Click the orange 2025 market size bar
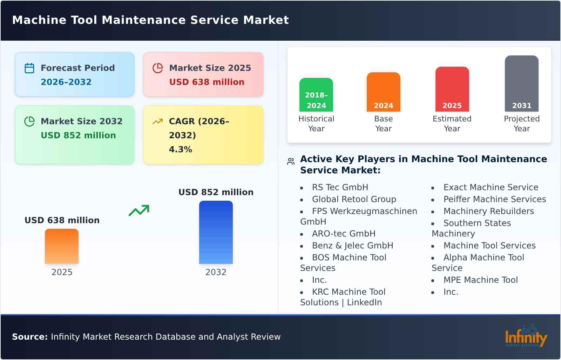click(62, 246)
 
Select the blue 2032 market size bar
click(216, 232)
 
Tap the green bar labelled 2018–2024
click(316, 94)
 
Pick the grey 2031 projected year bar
click(521, 83)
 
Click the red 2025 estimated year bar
click(452, 89)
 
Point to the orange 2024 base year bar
click(383, 92)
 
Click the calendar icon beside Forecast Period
click(29, 68)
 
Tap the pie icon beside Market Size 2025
click(158, 68)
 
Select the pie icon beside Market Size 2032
click(29, 121)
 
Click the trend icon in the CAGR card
click(158, 121)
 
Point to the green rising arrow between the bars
click(139, 211)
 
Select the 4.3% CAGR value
click(180, 149)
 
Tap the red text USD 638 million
click(207, 82)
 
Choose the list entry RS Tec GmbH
click(340, 187)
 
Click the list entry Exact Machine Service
click(491, 187)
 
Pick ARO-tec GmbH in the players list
click(343, 234)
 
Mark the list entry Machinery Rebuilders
click(488, 211)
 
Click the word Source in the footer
click(29, 337)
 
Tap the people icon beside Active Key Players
click(291, 161)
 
